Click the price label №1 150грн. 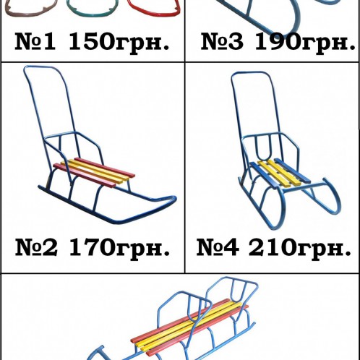tap(93, 43)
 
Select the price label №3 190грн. tap(273, 43)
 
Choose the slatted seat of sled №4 tap(278, 172)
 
